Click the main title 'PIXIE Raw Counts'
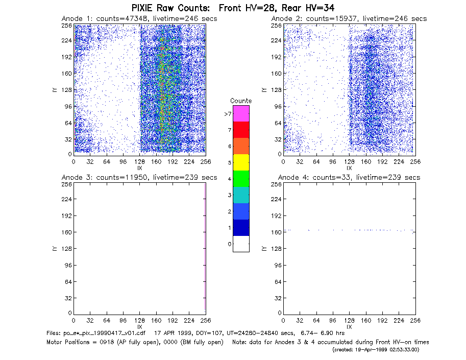(x=170, y=8)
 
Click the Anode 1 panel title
(x=139, y=19)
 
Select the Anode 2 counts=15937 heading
(x=349, y=19)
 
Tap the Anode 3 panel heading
(x=139, y=178)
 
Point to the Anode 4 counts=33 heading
(x=349, y=178)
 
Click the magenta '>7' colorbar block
(x=241, y=113)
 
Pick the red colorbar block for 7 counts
(x=241, y=130)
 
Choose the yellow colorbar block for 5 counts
(x=241, y=162)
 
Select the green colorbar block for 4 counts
(x=241, y=179)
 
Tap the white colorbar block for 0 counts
(x=241, y=244)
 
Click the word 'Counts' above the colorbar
(x=241, y=101)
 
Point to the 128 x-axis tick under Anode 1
(x=139, y=162)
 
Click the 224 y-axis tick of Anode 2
(x=276, y=40)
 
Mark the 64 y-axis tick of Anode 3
(x=68, y=281)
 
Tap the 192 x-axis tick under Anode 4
(x=382, y=321)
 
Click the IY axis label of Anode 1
(x=55, y=90)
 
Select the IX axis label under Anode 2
(x=349, y=168)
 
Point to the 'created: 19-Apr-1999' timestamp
(x=376, y=350)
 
